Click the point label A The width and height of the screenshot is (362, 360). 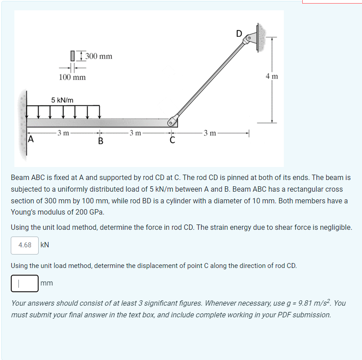31,140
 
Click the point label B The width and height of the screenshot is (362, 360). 100,142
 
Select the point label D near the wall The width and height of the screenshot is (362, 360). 239,33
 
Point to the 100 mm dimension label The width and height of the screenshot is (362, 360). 72,77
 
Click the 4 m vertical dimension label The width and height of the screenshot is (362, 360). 272,76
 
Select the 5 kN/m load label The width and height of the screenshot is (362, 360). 62,100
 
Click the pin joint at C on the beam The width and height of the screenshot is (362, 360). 171,122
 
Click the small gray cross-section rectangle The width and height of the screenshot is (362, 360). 72,56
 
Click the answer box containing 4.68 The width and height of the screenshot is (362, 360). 25,245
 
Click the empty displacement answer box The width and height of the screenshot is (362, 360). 25,283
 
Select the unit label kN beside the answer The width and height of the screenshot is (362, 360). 45,245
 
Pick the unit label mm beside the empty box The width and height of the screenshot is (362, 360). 47,283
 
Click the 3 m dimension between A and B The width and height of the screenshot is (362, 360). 63,133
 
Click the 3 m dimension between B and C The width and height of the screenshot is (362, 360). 135,133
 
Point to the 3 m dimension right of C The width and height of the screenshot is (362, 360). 210,133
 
